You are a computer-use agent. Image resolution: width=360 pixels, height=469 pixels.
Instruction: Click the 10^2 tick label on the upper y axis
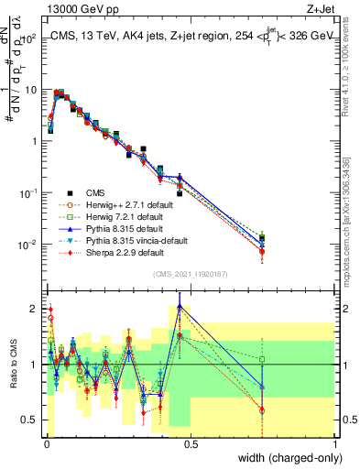coord(28,38)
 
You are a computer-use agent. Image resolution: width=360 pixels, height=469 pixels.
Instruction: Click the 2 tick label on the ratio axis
coord(35,308)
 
